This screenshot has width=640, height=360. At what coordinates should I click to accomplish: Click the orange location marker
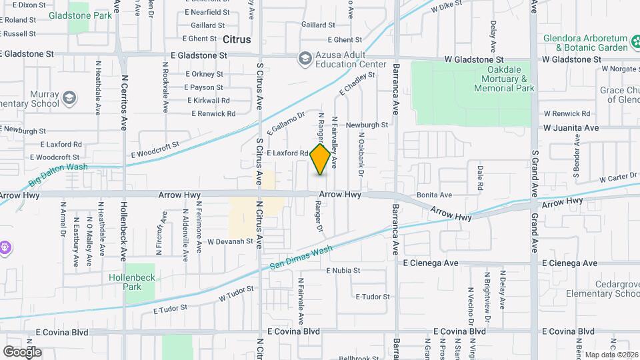point(321,159)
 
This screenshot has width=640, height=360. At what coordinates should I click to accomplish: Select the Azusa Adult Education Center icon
point(305,59)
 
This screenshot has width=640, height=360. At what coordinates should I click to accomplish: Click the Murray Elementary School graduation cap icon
point(69,99)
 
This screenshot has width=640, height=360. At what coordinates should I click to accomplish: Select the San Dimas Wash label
point(301,258)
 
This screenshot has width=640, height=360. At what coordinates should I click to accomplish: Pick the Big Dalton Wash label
point(59,175)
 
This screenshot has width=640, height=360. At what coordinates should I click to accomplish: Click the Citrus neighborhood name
point(237,39)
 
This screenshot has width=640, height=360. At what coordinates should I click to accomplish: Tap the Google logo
point(22,351)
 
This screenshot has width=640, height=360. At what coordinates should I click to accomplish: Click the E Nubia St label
point(343,271)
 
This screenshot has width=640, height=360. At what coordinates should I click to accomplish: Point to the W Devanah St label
point(231,241)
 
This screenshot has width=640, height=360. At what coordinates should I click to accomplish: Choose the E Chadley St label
point(357,83)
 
